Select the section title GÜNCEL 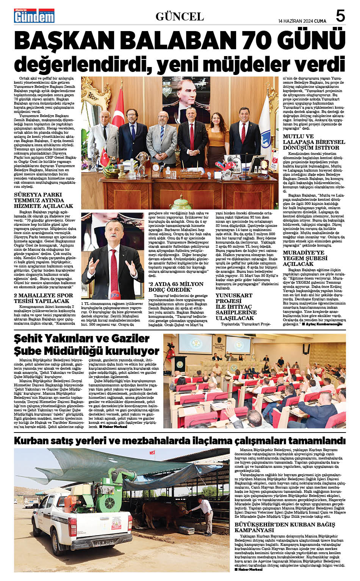(x=180, y=17)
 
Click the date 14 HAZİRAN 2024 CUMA (x=302, y=20)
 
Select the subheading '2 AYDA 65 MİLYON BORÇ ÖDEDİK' (x=176, y=286)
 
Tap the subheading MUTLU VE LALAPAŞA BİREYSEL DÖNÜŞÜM (x=314, y=142)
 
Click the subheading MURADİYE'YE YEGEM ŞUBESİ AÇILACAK (x=305, y=258)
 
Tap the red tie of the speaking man (x=114, y=265)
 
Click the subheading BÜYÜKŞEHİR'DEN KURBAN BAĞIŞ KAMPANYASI (x=285, y=527)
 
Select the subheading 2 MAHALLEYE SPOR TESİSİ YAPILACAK (x=43, y=298)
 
